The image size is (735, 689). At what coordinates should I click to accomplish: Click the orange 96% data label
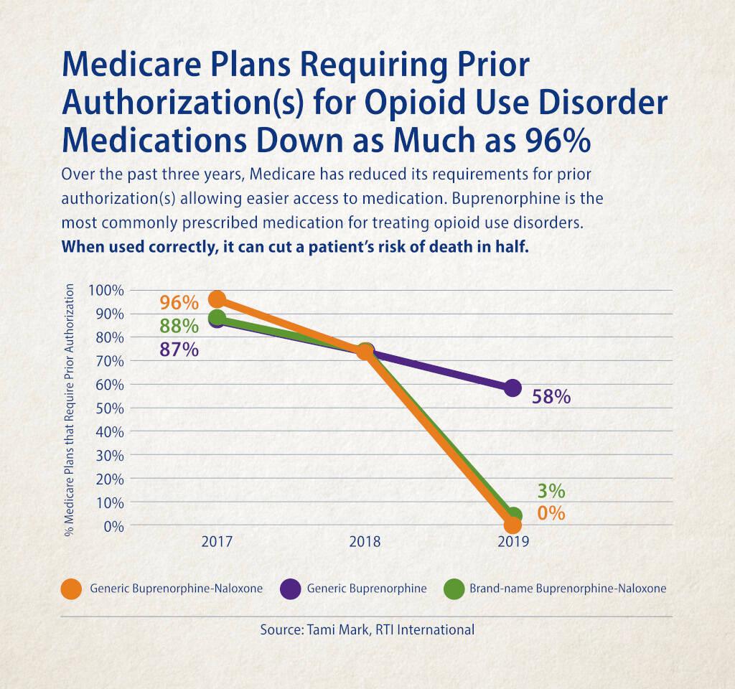pos(179,302)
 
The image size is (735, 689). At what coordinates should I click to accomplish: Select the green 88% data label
pos(179,326)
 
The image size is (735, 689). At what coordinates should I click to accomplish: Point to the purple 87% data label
pos(179,350)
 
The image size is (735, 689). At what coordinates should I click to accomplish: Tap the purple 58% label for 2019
pos(551,396)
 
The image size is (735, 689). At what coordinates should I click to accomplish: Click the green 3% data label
pos(551,492)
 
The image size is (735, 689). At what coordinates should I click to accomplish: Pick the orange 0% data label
pos(551,514)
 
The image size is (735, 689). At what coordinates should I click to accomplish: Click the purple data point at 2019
pos(512,388)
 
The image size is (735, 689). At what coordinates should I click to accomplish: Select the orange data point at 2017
pos(217,299)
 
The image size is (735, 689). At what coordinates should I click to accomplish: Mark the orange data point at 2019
pos(512,525)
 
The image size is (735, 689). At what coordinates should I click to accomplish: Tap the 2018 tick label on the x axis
pos(365,543)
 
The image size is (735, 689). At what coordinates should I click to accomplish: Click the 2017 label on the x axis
pos(217,543)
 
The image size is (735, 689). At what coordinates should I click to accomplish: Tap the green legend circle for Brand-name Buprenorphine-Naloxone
pos(454,589)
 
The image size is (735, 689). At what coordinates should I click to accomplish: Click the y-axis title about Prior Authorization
pos(70,410)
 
